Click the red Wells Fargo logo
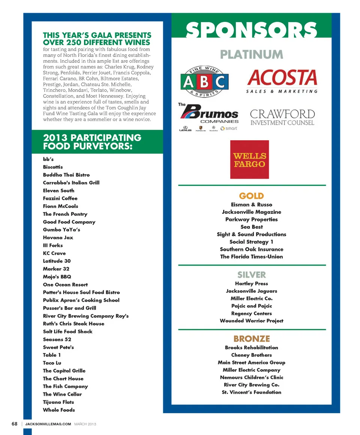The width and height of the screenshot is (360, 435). [249, 159]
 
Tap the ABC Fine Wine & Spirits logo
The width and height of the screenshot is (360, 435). [204, 82]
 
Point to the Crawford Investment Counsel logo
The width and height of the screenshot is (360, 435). [282, 117]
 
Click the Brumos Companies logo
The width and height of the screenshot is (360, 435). [208, 115]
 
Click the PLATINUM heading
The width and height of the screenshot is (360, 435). [251, 54]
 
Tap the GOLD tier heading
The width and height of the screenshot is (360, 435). [251, 196]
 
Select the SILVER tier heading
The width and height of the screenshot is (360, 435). [251, 275]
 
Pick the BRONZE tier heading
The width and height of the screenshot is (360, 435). [251, 339]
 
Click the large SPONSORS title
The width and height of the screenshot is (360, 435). [251, 30]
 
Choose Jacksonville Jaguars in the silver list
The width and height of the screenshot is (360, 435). [251, 291]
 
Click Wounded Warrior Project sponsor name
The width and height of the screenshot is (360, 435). [251, 321]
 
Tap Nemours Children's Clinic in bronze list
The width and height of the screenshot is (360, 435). [251, 377]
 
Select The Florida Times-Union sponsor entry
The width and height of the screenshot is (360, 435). [251, 256]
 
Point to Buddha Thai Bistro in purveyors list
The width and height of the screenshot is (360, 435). [66, 175]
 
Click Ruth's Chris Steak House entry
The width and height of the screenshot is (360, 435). [73, 324]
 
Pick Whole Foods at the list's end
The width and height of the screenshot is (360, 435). [59, 410]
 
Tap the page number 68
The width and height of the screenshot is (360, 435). [14, 424]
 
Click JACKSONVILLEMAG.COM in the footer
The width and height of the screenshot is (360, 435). [48, 424]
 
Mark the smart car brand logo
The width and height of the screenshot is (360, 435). [229, 128]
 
